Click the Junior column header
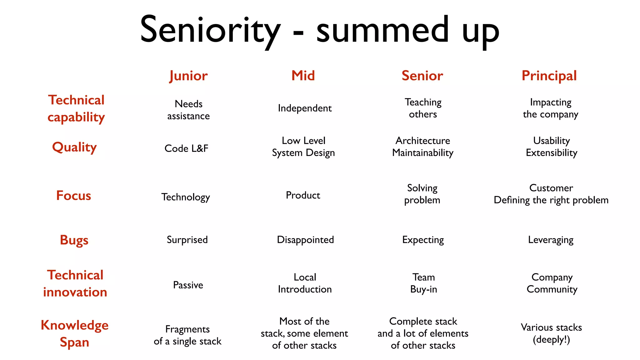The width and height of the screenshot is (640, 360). (188, 76)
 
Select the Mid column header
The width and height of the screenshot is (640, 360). (303, 76)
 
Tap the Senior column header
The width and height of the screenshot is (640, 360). (422, 76)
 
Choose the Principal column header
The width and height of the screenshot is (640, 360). (549, 76)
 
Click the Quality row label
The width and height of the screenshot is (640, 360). (74, 147)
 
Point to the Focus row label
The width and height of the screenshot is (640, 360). (74, 196)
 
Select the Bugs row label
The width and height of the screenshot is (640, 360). (74, 240)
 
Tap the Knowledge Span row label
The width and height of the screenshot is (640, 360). (74, 333)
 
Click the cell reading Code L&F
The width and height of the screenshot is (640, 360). (186, 148)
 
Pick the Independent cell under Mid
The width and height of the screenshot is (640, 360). (305, 108)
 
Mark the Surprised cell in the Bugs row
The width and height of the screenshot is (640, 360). (187, 240)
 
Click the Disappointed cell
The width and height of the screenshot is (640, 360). (305, 240)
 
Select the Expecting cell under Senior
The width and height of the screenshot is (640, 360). (423, 240)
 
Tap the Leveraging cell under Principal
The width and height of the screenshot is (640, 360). (551, 240)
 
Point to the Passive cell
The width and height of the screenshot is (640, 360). (188, 285)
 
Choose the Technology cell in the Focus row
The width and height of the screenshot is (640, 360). (186, 197)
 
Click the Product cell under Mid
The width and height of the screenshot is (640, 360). (303, 195)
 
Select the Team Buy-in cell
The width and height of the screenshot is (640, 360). (423, 283)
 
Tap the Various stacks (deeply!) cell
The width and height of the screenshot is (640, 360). (551, 333)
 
